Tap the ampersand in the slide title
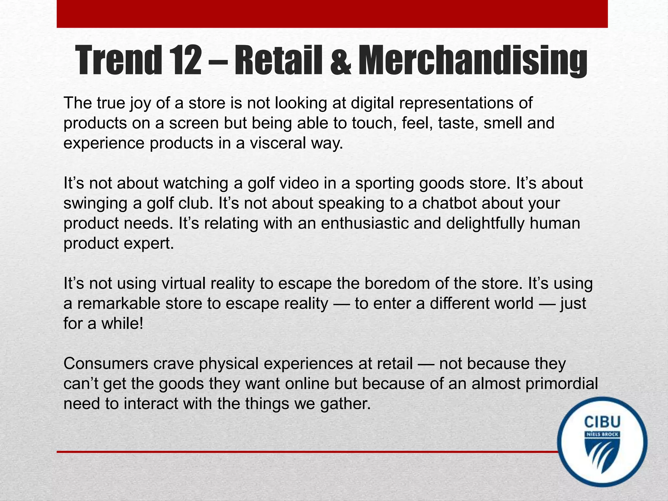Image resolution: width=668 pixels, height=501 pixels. point(341,62)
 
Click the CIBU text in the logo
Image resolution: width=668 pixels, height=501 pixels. point(602,422)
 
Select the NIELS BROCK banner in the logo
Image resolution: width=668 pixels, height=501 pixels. point(602,434)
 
